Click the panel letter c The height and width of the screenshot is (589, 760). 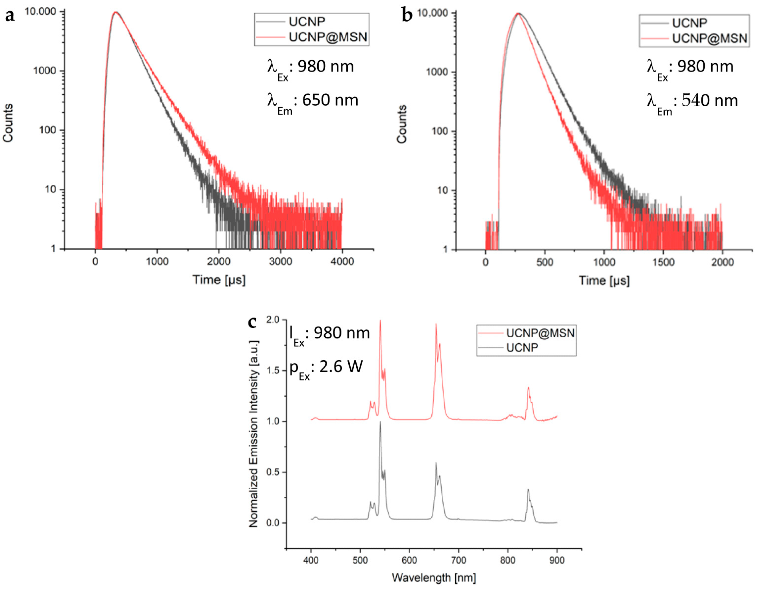point(252,322)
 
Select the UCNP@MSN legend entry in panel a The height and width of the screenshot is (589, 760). point(327,37)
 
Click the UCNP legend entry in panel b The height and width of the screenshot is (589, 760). point(689,23)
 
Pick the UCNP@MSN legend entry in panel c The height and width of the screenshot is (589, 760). point(540,333)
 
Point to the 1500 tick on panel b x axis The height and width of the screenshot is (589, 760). point(663,263)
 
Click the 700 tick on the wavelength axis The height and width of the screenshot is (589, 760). point(458,560)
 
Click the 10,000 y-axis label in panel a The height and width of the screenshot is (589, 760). point(40,11)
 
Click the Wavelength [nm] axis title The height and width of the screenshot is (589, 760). point(434,578)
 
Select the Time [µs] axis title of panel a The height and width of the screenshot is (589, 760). point(219,280)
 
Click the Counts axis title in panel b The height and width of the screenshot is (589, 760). point(402,124)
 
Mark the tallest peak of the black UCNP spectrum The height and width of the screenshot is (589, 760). point(380,422)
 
